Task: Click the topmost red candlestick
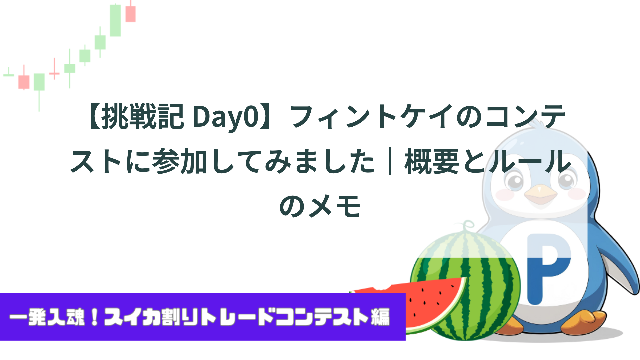pyautogui.click(x=131, y=14)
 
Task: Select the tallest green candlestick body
pyautogui.click(x=115, y=20)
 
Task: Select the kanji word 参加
pyautogui.click(x=180, y=161)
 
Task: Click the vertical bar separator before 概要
pyautogui.click(x=390, y=161)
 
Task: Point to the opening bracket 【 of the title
pyautogui.click(x=93, y=116)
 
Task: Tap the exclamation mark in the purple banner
pyautogui.click(x=95, y=317)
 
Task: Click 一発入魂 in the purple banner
pyautogui.click(x=47, y=317)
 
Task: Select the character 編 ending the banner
pyautogui.click(x=380, y=317)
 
